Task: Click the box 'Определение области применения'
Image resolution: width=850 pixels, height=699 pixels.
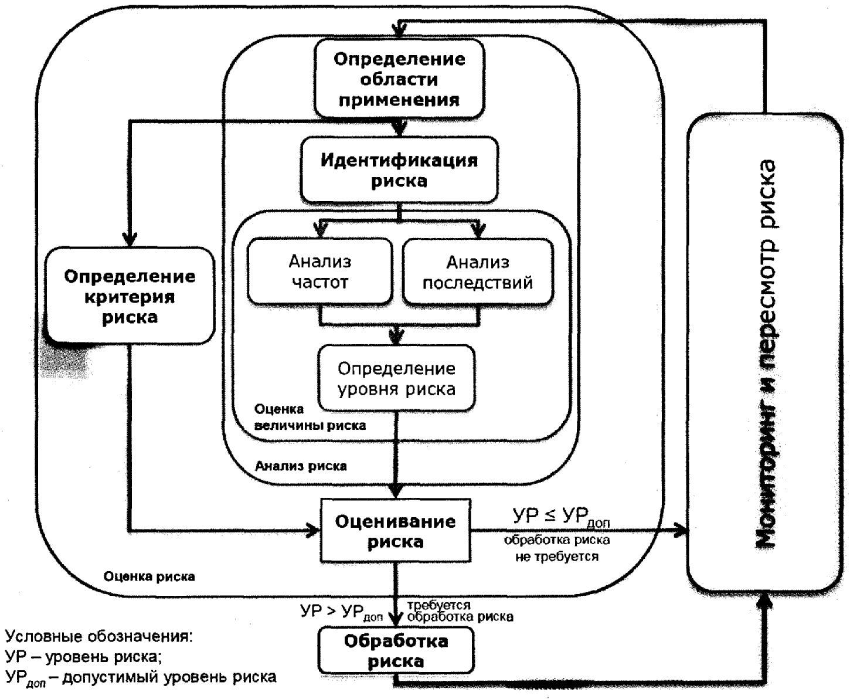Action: click(x=399, y=79)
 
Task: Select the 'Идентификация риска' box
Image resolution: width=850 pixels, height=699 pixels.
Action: click(x=399, y=169)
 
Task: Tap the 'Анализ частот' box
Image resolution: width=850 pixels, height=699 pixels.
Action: click(x=320, y=272)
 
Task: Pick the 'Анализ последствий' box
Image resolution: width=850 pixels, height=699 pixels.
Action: click(x=478, y=272)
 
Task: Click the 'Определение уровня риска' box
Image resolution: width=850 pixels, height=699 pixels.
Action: click(x=397, y=378)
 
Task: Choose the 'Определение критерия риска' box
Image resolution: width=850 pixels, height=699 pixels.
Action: click(x=130, y=296)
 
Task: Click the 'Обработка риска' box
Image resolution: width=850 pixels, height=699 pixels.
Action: click(x=396, y=650)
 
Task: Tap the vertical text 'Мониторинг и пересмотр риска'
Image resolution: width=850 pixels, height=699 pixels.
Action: click(x=766, y=354)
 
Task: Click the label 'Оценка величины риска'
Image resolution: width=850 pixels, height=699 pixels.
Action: click(x=310, y=417)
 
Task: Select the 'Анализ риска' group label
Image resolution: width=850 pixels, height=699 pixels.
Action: click(x=301, y=466)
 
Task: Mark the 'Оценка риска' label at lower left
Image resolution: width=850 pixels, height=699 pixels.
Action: click(x=149, y=576)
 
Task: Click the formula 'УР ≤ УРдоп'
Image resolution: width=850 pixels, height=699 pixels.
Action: click(x=561, y=517)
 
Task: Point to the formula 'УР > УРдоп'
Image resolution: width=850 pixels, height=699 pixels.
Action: click(x=341, y=613)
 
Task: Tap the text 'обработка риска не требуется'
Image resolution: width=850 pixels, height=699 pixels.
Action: click(x=556, y=548)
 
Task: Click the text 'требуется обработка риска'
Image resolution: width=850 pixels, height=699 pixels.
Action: click(x=460, y=610)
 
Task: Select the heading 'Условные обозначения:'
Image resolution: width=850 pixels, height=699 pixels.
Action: click(x=99, y=636)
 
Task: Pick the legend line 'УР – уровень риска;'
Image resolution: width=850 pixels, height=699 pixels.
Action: click(x=83, y=657)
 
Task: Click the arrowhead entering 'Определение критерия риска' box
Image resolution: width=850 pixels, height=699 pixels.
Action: click(x=130, y=239)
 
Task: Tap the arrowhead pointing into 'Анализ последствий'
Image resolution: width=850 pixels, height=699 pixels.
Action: click(x=478, y=232)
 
